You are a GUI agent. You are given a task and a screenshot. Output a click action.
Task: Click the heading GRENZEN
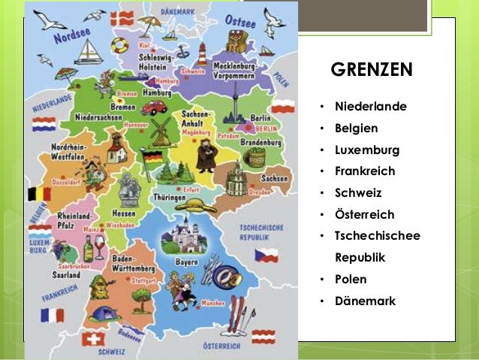click(x=372, y=70)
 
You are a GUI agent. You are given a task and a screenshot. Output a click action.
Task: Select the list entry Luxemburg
click(x=366, y=150)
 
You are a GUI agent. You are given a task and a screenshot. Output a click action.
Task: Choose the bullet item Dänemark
click(x=365, y=301)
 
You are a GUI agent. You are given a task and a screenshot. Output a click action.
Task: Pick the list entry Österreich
click(x=364, y=214)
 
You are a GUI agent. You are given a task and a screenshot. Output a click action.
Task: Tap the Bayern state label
click(x=186, y=262)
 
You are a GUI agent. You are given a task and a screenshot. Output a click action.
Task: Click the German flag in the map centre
click(x=152, y=159)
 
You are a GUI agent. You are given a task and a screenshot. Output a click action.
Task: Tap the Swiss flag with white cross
click(x=91, y=340)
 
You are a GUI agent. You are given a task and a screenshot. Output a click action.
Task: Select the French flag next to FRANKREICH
click(x=53, y=316)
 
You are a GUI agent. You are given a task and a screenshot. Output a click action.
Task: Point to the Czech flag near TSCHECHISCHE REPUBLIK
click(x=266, y=256)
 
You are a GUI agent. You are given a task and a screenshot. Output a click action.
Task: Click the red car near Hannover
click(x=154, y=107)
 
